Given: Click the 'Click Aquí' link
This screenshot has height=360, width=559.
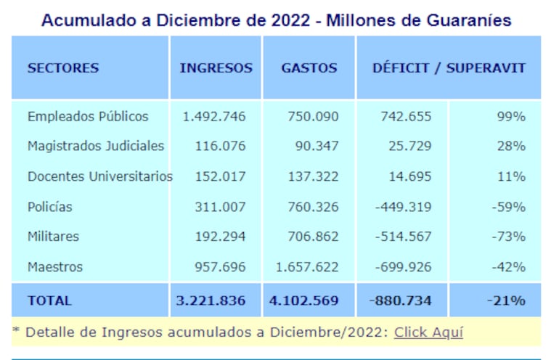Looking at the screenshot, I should coord(428,332).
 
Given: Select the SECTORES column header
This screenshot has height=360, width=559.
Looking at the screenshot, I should coord(63,68).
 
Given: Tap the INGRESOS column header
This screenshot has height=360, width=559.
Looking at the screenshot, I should coord(216,68).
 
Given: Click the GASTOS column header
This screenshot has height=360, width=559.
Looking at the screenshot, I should coord(309,68).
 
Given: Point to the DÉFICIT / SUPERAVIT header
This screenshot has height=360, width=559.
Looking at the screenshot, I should coord(449,68).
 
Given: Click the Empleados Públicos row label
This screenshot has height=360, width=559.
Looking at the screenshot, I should coord(88,116).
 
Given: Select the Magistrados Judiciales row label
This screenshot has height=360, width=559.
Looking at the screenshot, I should coord(96,146).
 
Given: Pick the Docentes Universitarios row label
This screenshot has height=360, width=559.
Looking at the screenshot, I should coord(100,176).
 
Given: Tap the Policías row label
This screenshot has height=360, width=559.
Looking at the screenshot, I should coord(50,207).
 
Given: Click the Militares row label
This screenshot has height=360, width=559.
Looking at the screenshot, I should coord(53,237).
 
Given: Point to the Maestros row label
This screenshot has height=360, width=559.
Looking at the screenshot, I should coord(55,267).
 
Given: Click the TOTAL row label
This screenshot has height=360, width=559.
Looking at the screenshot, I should coord(49,300).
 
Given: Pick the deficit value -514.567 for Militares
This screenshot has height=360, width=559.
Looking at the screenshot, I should coord(404,237).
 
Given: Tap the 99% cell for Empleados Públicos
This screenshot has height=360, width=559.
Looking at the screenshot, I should coord(511,116).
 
